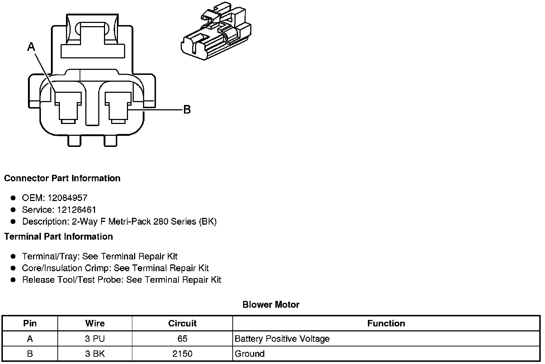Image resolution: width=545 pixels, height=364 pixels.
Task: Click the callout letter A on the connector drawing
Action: point(32,47)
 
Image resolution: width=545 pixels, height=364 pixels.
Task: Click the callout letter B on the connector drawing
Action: point(187,110)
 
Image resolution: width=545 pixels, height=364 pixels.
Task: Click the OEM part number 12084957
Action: point(67,198)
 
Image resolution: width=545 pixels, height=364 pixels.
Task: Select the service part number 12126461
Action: point(76,210)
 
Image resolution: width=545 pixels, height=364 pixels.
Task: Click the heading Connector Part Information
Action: point(62,178)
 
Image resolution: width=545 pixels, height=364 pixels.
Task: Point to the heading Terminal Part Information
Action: point(58,237)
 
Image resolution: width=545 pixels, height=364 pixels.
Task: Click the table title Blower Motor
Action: point(271,305)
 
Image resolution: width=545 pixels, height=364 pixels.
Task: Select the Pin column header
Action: point(30,324)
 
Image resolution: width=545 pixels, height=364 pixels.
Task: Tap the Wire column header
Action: point(95,324)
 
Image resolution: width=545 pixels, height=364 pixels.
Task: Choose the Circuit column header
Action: point(182,324)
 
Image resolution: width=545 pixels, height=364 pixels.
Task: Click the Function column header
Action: point(386,324)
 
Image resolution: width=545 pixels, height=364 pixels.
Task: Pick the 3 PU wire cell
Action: point(95,339)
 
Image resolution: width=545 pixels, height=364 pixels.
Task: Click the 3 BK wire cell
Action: point(95,354)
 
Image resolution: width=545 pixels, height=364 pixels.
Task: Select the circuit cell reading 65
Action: point(182,339)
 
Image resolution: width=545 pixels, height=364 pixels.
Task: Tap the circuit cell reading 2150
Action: point(182,354)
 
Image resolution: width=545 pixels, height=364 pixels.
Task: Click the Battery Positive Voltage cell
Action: point(282,339)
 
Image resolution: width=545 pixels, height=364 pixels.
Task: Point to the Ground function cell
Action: point(250,354)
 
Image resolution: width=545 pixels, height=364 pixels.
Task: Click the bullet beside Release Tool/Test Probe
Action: point(14,280)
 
